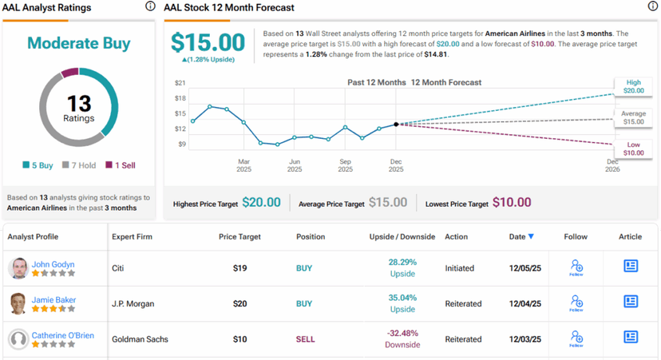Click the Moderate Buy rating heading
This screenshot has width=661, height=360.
(x=79, y=43)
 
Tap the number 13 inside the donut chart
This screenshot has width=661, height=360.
(x=79, y=103)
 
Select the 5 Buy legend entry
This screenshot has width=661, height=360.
(x=38, y=165)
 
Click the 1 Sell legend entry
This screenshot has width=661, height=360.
(x=121, y=165)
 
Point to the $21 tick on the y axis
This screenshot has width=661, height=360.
(x=180, y=83)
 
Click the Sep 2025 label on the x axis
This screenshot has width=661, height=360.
(x=345, y=164)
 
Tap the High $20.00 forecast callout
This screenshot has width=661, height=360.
(x=634, y=86)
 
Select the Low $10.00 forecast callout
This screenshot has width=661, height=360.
(x=634, y=148)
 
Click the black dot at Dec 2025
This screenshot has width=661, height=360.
(x=396, y=125)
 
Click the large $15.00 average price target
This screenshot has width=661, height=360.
(x=208, y=42)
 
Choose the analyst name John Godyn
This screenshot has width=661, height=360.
(x=53, y=263)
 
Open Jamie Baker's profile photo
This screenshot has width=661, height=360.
(x=18, y=303)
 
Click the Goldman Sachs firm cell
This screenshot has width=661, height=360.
(x=140, y=339)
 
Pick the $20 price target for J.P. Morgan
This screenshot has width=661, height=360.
(x=239, y=303)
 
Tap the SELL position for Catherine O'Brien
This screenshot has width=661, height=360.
(x=306, y=339)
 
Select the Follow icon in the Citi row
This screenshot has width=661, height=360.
(x=576, y=267)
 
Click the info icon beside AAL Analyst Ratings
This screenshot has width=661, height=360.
(x=150, y=7)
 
